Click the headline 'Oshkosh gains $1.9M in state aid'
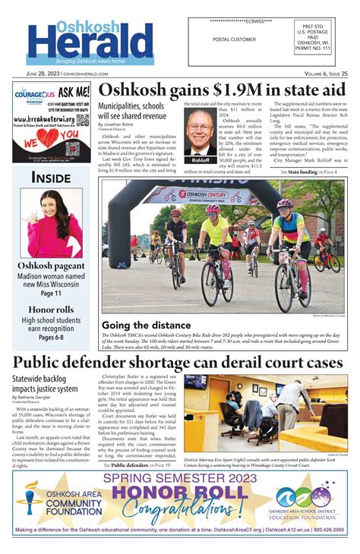click(x=222, y=90)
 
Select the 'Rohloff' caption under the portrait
click(x=201, y=160)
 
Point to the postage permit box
click(x=326, y=39)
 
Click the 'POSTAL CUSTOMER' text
click(x=235, y=39)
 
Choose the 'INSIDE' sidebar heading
click(x=51, y=177)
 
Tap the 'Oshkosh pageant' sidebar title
click(x=52, y=266)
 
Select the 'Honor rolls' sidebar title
click(x=52, y=310)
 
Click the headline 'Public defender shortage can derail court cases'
click(x=180, y=363)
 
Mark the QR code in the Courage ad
click(x=81, y=121)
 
